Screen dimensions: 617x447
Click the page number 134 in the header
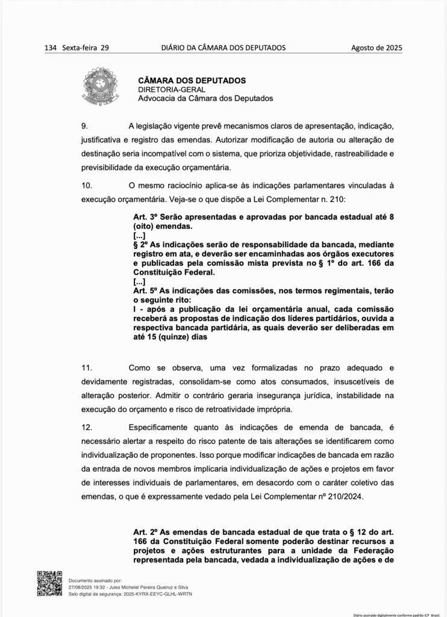coord(51,48)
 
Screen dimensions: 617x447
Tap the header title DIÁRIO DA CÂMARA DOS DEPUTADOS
coord(223,48)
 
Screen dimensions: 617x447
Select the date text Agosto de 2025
coord(377,48)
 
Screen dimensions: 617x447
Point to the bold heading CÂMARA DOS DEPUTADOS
coord(192,80)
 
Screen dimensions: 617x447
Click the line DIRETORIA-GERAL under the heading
coord(167,89)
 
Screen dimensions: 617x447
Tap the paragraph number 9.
coord(84,125)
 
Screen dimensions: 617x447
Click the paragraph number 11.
coord(86,367)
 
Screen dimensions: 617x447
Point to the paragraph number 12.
coord(86,427)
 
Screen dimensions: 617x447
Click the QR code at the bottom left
coord(49,583)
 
